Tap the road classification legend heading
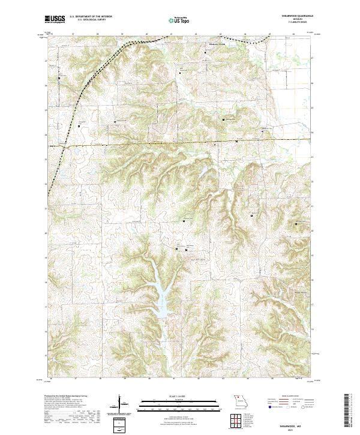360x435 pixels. [x=292, y=397]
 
